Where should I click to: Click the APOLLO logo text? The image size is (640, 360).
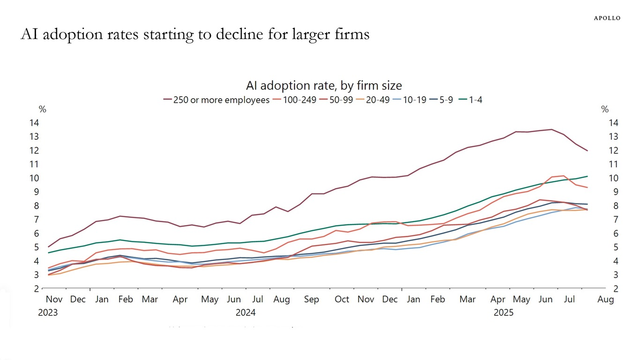point(607,18)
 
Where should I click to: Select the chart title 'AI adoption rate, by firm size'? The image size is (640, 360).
point(324,85)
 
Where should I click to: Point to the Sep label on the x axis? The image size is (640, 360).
point(311,299)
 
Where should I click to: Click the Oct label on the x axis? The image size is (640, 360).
point(342,299)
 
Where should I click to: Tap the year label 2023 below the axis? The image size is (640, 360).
point(48,313)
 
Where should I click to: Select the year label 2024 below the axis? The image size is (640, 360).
point(246,313)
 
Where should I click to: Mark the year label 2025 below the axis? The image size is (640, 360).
point(503,313)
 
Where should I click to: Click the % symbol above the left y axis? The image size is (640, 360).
point(43,109)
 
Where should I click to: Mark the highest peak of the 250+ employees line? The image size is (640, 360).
point(551,129)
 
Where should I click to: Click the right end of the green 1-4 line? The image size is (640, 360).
point(588,176)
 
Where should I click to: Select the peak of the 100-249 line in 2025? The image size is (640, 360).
point(564,176)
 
